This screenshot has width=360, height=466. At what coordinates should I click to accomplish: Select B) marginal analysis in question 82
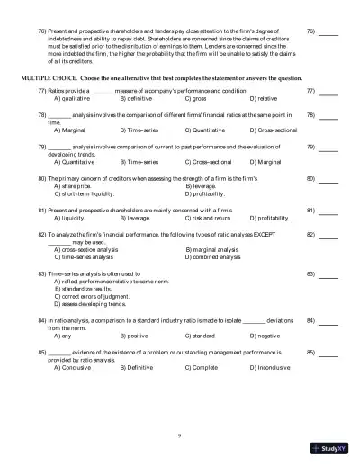(x=211, y=248)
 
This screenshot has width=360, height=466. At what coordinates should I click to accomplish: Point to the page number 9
(x=179, y=435)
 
